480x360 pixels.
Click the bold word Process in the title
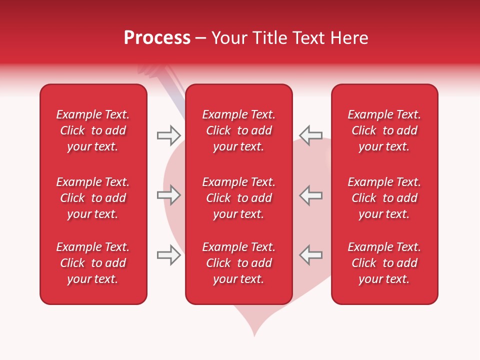pyautogui.click(x=157, y=38)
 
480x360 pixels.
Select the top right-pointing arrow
pyautogui.click(x=168, y=135)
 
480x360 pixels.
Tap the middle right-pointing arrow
pyautogui.click(x=168, y=195)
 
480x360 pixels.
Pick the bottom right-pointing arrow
pyautogui.click(x=168, y=255)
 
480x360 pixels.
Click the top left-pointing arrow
pyautogui.click(x=310, y=135)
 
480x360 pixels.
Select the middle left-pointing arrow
pyautogui.click(x=310, y=195)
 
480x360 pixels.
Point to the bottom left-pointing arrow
pyautogui.click(x=310, y=255)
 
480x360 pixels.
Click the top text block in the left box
pyautogui.click(x=93, y=130)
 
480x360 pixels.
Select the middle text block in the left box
pyautogui.click(x=93, y=198)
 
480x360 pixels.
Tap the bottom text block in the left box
pyautogui.click(x=93, y=263)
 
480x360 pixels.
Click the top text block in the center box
pyautogui.click(x=239, y=130)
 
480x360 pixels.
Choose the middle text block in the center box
pyautogui.click(x=239, y=198)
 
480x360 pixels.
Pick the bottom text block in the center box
pyautogui.click(x=239, y=263)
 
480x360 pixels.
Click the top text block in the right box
pyautogui.click(x=384, y=130)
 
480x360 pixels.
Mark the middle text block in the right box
pyautogui.click(x=384, y=198)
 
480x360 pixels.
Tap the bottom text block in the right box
pyautogui.click(x=384, y=263)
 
